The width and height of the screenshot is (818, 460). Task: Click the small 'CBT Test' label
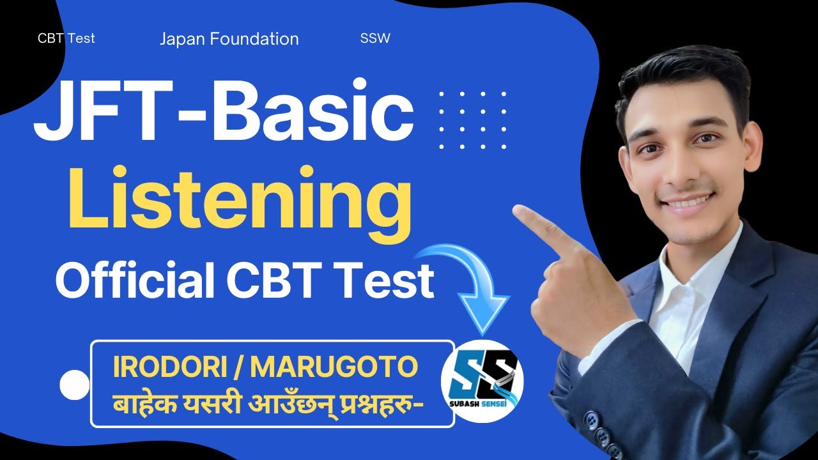66,38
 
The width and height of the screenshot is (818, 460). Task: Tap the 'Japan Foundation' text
229,39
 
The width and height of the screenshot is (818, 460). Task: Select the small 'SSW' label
375,38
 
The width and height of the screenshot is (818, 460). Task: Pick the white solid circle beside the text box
75,385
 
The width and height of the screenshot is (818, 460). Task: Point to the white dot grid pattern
472,120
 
